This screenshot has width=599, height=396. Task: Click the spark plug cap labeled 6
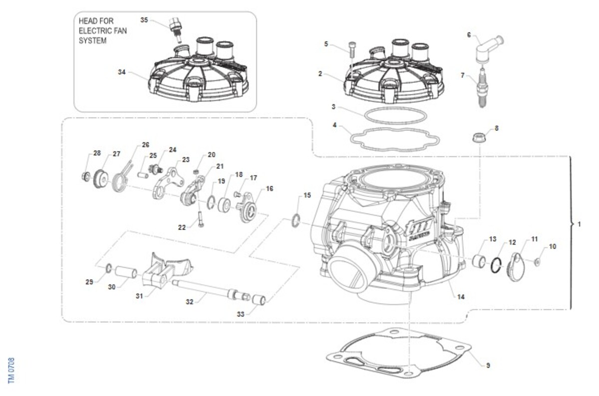click(x=488, y=49)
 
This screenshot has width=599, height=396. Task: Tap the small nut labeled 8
click(x=479, y=138)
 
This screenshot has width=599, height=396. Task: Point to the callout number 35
click(x=144, y=20)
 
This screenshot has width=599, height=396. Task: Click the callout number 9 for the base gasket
click(x=488, y=366)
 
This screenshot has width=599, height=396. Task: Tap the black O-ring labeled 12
click(x=496, y=265)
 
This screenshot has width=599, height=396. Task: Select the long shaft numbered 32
click(x=211, y=290)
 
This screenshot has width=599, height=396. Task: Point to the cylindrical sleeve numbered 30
click(x=126, y=272)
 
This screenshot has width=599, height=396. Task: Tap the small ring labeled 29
click(x=109, y=268)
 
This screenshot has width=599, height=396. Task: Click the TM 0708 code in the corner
click(x=11, y=371)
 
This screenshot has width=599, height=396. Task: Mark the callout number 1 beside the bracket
click(x=579, y=224)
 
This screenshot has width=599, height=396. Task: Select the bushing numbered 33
click(x=259, y=300)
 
